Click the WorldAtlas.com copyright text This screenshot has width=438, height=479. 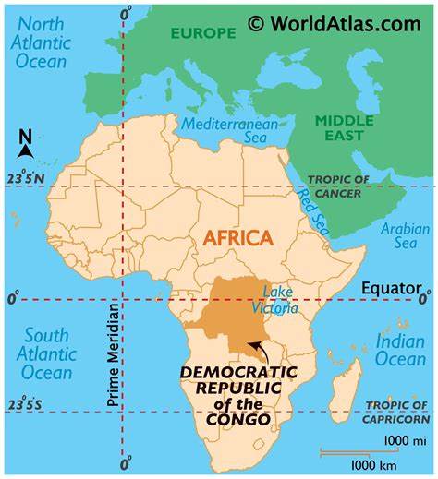334,23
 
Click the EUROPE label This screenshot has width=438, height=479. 201,32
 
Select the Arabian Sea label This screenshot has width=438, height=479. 405,235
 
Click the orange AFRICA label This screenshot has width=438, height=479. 237,238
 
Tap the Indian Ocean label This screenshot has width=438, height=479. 400,351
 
